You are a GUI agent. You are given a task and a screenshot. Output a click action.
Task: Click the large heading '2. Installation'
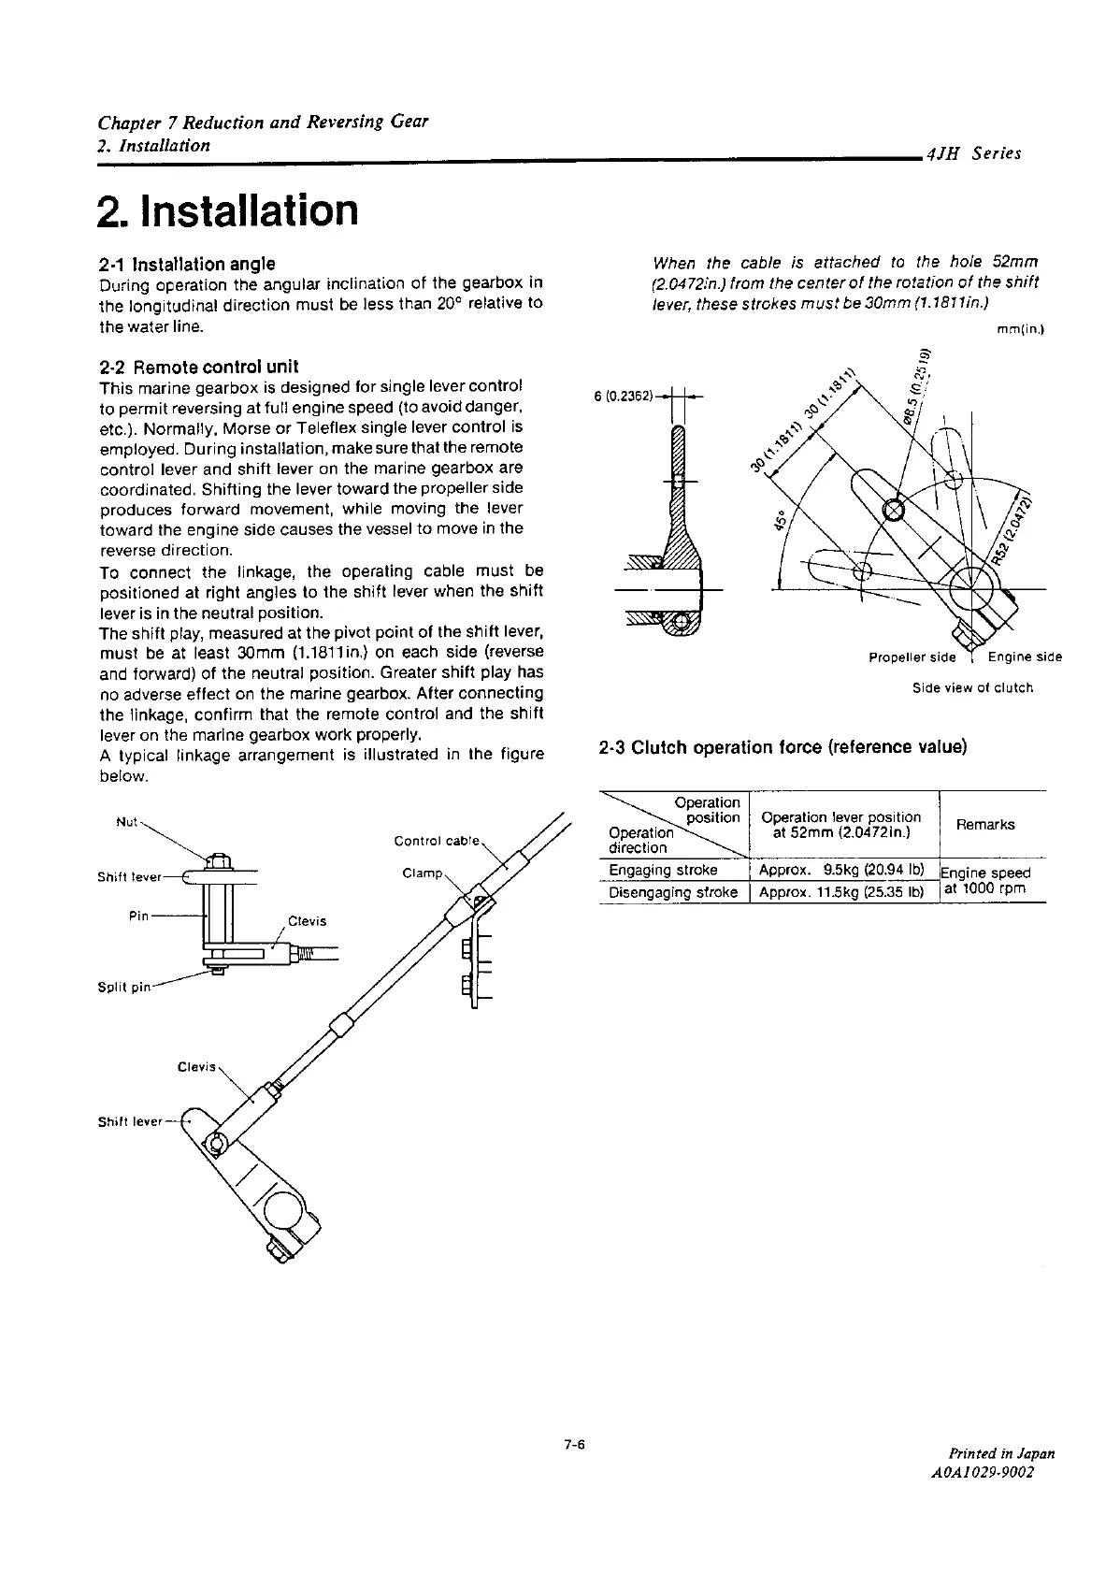(228, 210)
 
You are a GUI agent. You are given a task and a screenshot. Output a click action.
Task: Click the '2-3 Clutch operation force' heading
(782, 747)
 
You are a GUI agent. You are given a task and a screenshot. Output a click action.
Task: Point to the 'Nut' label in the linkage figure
(126, 822)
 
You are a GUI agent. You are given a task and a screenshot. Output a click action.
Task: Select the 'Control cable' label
(437, 841)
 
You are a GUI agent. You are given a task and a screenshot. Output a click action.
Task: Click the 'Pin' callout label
(138, 916)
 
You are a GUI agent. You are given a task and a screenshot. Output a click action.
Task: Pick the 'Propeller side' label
(912, 657)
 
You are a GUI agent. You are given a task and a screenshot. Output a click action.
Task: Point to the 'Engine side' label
(1025, 657)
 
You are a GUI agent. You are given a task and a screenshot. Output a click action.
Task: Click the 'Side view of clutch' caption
(972, 688)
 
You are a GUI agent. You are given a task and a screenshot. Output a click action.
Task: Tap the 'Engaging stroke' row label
(663, 870)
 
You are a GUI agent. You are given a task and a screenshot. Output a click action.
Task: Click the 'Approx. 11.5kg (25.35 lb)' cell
(840, 892)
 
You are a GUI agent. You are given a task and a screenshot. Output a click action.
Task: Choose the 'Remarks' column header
(992, 825)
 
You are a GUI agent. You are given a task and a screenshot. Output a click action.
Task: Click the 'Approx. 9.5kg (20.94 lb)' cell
(840, 870)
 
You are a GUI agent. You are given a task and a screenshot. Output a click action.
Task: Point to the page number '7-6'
(573, 1444)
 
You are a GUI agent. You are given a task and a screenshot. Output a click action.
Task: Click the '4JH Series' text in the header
(972, 154)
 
